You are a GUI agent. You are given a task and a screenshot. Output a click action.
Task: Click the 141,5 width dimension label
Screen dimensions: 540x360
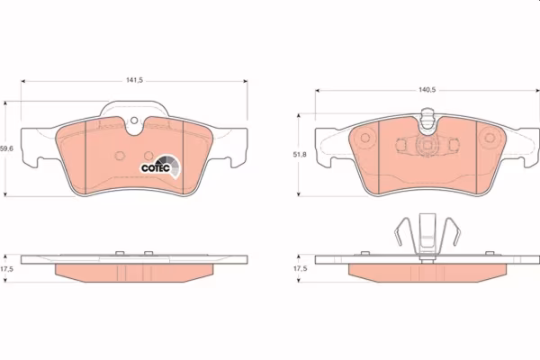tap(134, 80)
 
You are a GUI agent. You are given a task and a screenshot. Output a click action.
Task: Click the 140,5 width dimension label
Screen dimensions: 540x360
tap(427, 90)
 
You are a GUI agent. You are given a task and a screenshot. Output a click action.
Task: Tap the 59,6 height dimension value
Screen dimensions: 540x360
tap(6, 148)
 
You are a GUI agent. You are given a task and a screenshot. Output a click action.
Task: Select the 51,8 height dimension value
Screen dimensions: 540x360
tap(300, 155)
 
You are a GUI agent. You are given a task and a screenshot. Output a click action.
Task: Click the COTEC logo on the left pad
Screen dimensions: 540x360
tap(160, 166)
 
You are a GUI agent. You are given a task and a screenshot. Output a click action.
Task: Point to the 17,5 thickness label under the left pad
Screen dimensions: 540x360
tap(6, 269)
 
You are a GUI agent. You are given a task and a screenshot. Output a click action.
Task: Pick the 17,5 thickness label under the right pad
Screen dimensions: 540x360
tap(300, 268)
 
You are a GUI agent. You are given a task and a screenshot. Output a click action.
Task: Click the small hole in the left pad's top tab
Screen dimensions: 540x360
tap(134, 121)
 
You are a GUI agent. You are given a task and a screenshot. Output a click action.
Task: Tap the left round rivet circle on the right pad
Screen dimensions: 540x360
tap(365, 138)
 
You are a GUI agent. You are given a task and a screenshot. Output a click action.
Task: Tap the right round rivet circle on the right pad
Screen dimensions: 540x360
tap(490, 138)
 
